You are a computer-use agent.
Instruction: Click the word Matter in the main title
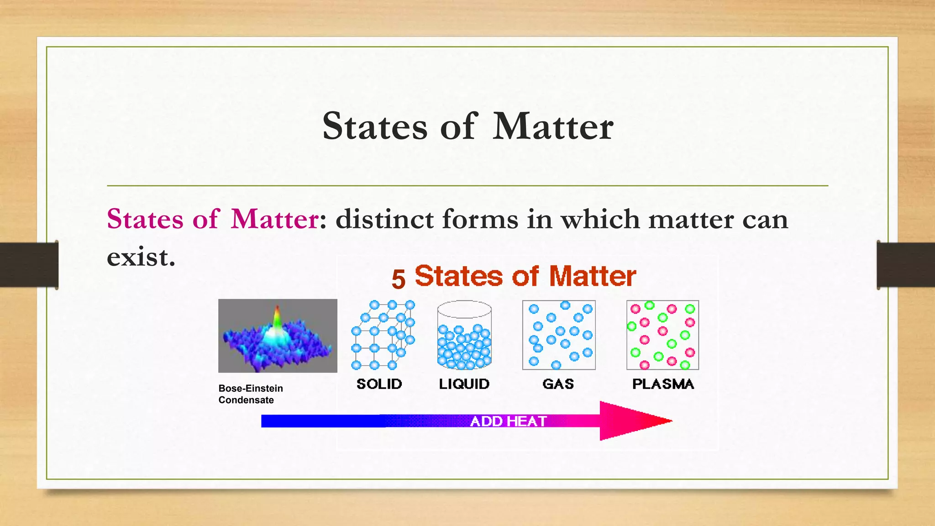pos(553,126)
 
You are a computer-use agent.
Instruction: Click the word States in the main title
pos(375,126)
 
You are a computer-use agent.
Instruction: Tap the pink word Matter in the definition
pos(274,219)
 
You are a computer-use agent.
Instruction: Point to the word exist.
pos(141,257)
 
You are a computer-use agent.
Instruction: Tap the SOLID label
pos(379,384)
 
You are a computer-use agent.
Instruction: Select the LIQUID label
pos(464,384)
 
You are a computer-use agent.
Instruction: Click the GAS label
pos(558,384)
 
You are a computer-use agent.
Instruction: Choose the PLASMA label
pos(663,384)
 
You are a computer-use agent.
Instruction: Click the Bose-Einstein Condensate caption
pos(250,394)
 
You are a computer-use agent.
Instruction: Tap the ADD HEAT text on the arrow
pos(508,421)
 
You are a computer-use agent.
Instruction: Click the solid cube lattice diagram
pos(383,335)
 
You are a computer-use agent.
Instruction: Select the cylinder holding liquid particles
pos(464,335)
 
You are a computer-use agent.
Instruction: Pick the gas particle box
pos(559,335)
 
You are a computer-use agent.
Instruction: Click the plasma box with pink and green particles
pos(662,335)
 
